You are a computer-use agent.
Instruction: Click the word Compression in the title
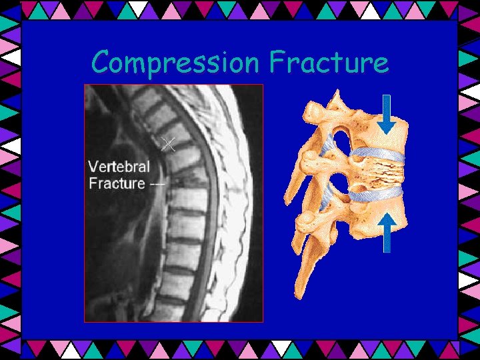point(176,63)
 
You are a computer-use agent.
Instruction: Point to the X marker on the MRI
point(169,143)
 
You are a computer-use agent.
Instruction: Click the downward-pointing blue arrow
point(386,115)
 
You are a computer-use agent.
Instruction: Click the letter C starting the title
point(101,63)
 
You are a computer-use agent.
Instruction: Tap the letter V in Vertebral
point(94,167)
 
